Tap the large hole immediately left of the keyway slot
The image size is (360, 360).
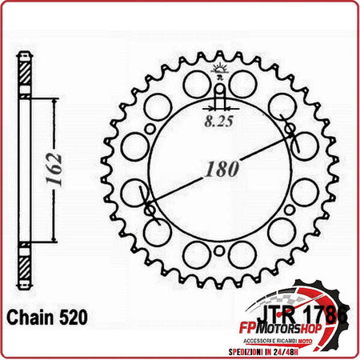pos(194,84)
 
